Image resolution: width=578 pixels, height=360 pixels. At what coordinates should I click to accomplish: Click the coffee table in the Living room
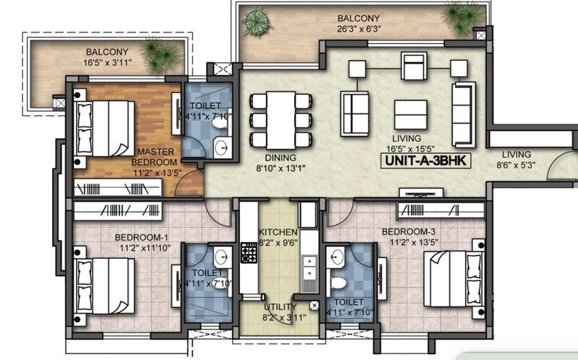point(410,113)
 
